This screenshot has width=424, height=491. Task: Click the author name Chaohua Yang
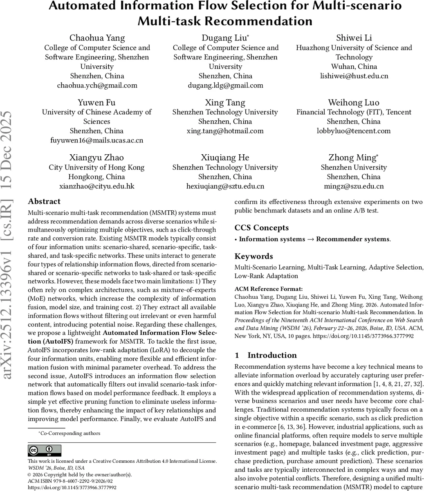tap(97, 38)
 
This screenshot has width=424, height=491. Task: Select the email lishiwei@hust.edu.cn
tap(354, 76)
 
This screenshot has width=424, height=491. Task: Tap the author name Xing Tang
tap(225, 103)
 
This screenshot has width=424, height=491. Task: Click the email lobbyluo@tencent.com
tap(354, 131)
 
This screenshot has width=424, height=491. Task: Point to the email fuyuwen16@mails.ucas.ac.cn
tap(97, 140)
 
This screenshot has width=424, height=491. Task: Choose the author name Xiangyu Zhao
tap(97, 158)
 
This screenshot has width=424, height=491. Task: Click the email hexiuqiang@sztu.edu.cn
tap(225, 186)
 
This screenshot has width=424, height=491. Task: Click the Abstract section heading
tap(44, 201)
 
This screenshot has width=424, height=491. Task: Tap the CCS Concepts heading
tap(261, 228)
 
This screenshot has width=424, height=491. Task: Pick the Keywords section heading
tap(254, 257)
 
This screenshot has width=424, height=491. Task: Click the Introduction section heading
tap(271, 355)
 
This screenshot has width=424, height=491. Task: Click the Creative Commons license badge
tap(44, 450)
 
